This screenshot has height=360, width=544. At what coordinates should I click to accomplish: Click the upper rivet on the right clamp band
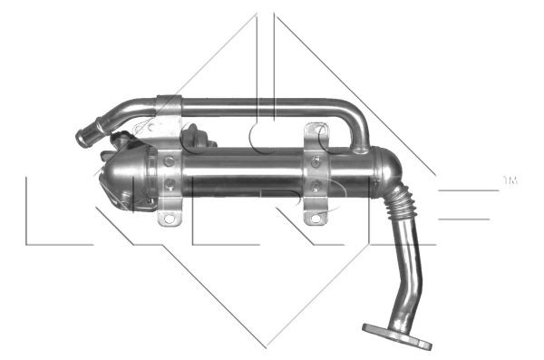pyautogui.click(x=315, y=162)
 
